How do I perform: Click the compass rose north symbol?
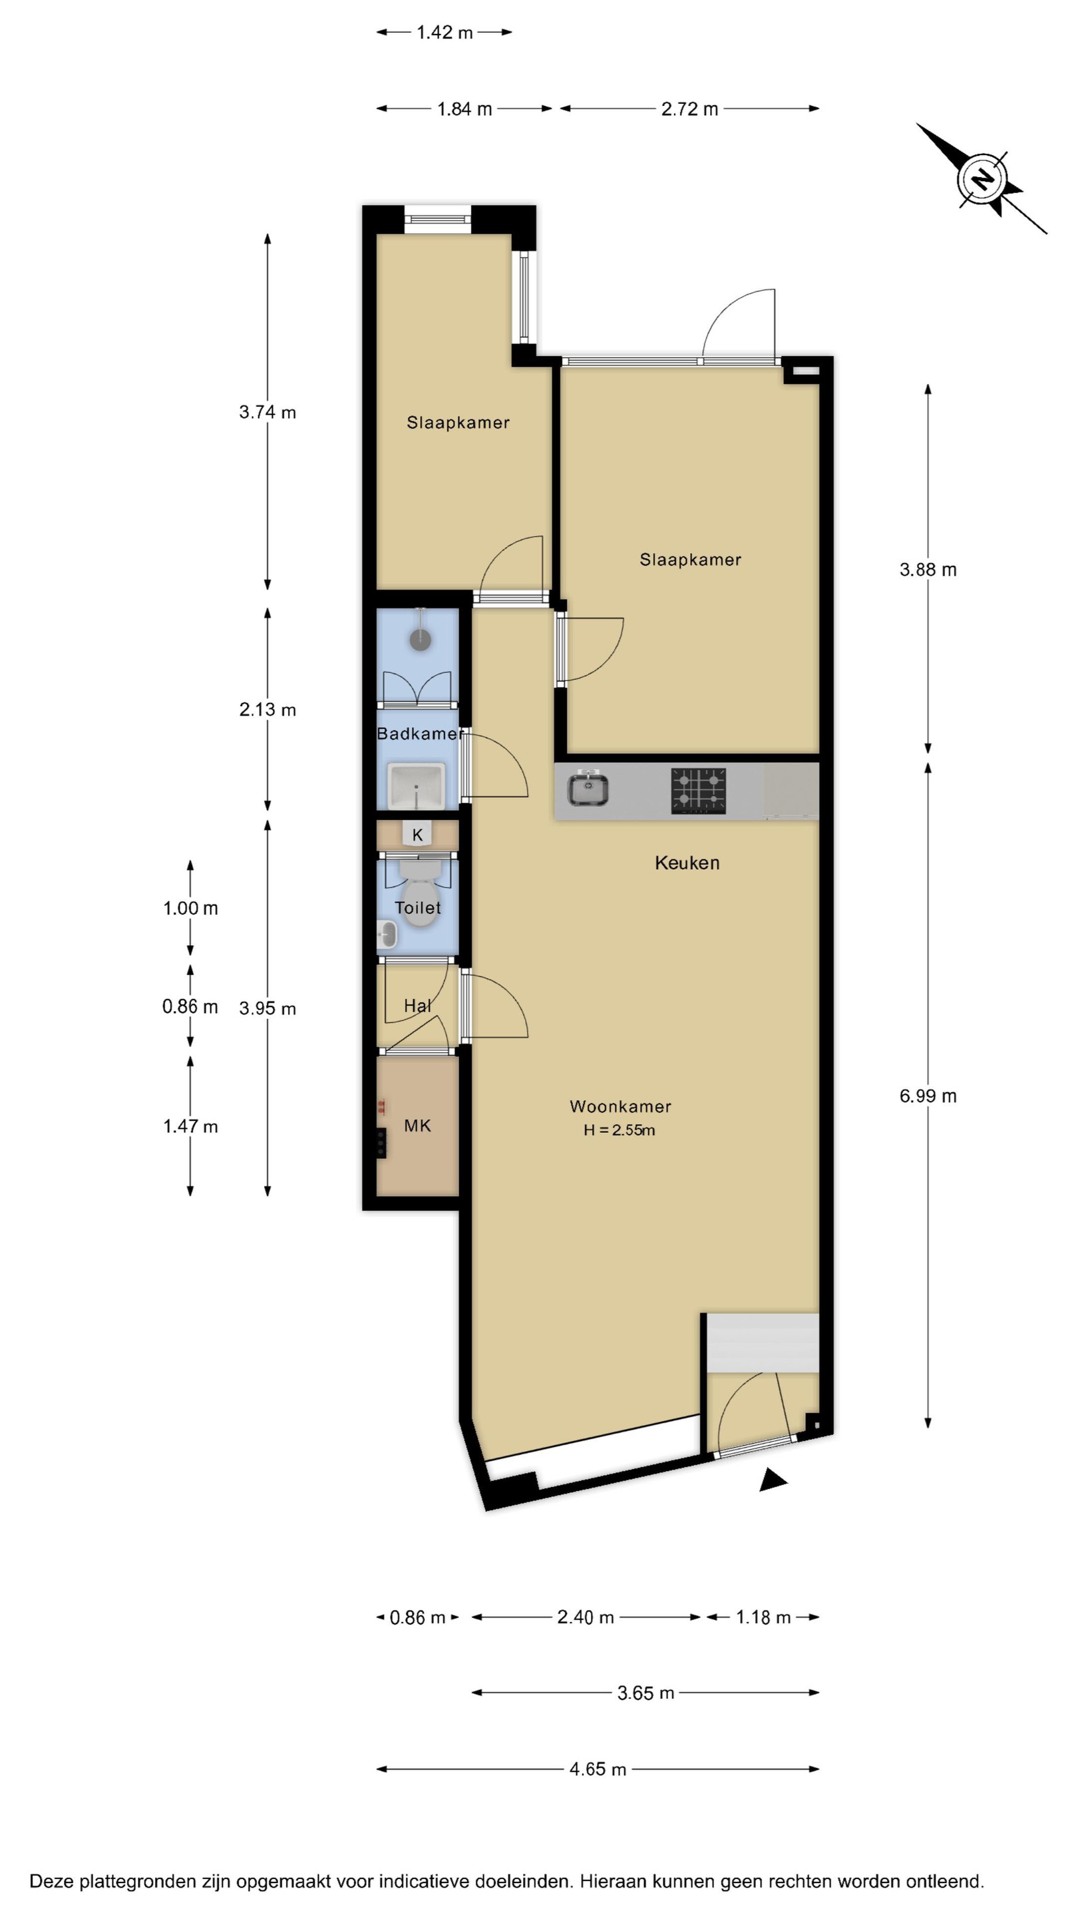tap(982, 179)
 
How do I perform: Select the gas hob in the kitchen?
tap(698, 790)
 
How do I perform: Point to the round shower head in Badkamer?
tap(421, 638)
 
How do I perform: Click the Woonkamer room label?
tap(620, 1106)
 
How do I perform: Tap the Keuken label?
tap(687, 863)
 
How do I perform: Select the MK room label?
tap(417, 1125)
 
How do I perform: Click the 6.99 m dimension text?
tap(928, 1096)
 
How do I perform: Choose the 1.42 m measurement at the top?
tap(444, 32)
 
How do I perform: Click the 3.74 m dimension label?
tap(267, 412)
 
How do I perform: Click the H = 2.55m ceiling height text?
tap(619, 1130)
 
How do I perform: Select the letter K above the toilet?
tap(417, 835)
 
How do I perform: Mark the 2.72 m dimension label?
tap(689, 109)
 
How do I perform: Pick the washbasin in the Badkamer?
tap(416, 786)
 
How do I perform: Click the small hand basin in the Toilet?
tap(386, 934)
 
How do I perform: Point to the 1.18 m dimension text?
tap(763, 1617)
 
